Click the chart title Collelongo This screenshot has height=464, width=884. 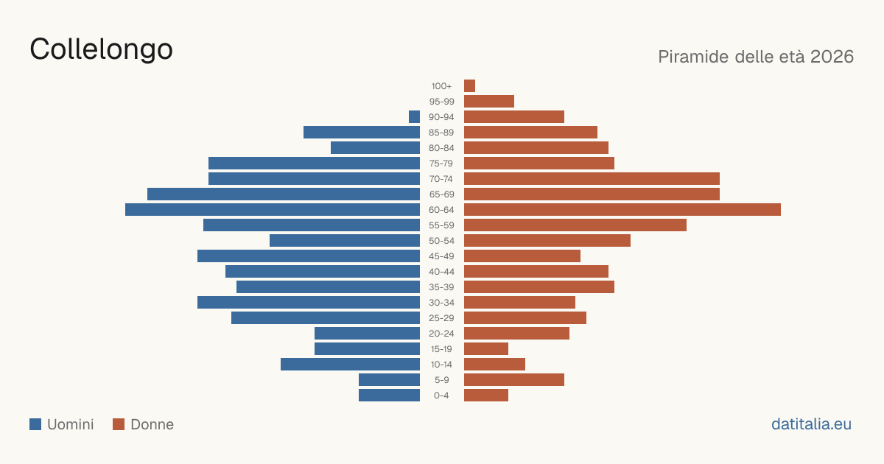101,50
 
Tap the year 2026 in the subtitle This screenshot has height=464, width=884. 832,57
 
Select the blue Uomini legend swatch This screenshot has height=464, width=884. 35,424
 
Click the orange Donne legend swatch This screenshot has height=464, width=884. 119,424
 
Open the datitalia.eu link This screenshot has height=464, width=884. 811,424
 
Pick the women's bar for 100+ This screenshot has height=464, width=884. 470,85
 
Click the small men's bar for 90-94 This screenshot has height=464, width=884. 414,117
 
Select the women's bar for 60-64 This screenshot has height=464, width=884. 622,209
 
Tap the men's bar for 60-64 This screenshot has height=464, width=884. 273,209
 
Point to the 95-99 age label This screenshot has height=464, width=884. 441,102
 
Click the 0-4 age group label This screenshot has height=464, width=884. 441,396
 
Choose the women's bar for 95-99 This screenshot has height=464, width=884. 489,102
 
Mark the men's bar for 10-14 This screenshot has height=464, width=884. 351,364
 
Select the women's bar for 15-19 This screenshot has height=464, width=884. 486,349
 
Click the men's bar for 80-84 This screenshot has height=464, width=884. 375,147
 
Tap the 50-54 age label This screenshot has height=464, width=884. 441,241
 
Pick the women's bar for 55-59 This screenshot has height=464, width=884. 575,225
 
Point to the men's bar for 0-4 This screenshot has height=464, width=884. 390,396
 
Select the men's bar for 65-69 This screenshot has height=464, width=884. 284,194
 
